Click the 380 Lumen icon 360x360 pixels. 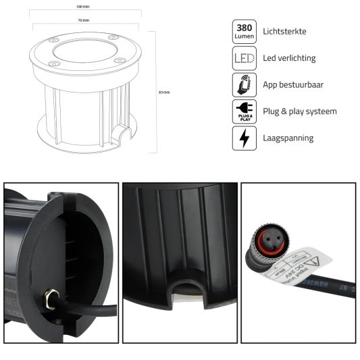(244, 31)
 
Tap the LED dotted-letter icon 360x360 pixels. (244, 58)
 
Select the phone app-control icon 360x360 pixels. (244, 84)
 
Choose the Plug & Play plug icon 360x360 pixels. (244, 111)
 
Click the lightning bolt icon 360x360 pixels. (244, 138)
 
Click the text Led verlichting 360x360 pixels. (289, 58)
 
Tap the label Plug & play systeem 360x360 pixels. (299, 111)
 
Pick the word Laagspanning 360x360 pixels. (288, 138)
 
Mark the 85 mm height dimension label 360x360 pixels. (163, 92)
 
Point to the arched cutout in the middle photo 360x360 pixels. (180, 288)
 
